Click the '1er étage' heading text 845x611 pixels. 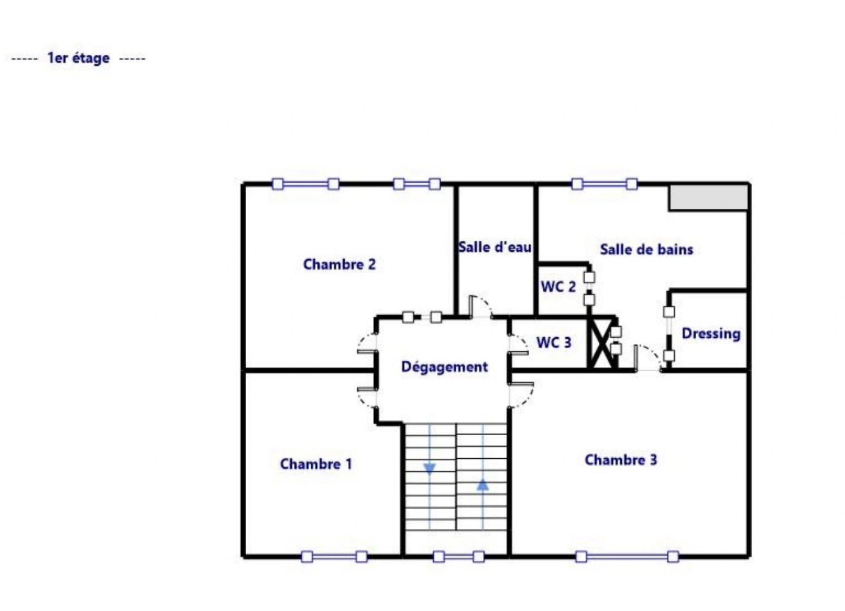pos(78,58)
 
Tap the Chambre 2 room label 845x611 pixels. pos(339,264)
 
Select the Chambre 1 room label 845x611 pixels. pos(316,464)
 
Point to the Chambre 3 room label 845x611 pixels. pos(620,460)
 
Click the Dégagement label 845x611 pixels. pos(444,367)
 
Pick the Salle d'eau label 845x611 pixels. pos(495,247)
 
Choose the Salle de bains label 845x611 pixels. pos(646,249)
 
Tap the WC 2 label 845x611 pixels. pos(558,287)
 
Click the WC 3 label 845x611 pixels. pos(554,342)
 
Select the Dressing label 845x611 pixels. pos(711,334)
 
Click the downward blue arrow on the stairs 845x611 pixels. pos(430,468)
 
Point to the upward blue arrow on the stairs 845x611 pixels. pos(483,485)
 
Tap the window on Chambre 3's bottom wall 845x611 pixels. pos(627,557)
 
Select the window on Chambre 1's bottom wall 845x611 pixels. pos(334,557)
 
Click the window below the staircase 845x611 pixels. pos(458,557)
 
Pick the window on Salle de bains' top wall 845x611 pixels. pos(604,184)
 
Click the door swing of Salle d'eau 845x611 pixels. pos(481,307)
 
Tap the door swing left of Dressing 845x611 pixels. pos(647,358)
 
